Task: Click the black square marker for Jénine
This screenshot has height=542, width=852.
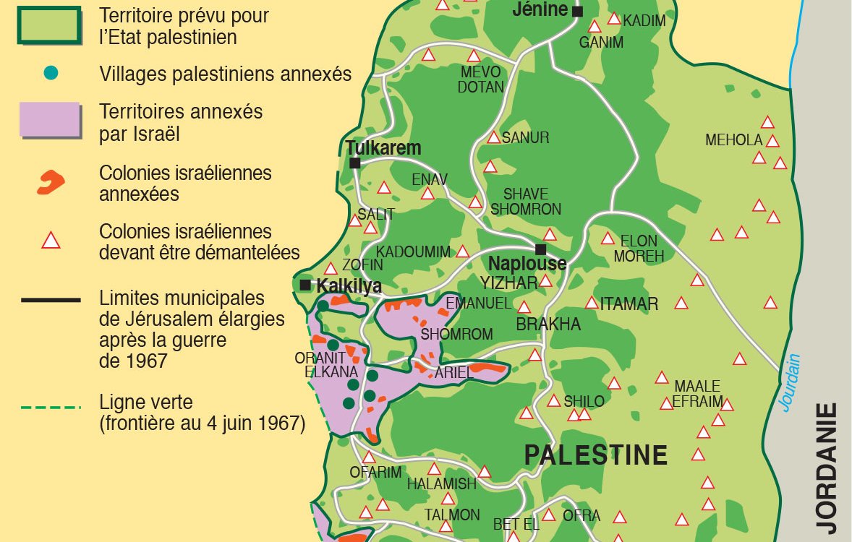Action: point(577,12)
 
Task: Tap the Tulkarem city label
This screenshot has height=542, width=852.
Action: point(383,148)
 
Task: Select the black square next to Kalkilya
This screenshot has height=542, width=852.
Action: point(305,285)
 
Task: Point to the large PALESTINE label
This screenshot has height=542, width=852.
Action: point(595,455)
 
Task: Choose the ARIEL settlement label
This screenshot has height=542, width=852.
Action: point(454,373)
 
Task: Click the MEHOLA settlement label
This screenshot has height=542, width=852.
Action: point(734,140)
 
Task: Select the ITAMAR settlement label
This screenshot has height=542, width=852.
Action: point(629,304)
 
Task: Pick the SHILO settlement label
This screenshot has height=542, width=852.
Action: point(584,402)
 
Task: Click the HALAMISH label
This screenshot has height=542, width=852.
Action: point(441,484)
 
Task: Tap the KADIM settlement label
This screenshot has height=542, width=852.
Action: point(644,21)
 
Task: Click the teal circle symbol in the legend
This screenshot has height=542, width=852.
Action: point(51,73)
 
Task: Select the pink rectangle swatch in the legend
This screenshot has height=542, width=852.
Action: point(49,120)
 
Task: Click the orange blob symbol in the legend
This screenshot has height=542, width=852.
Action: point(50,183)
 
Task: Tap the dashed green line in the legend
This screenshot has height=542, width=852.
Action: point(50,408)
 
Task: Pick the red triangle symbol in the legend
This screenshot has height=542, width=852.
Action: point(51,240)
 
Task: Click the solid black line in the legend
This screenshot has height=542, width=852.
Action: point(50,299)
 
